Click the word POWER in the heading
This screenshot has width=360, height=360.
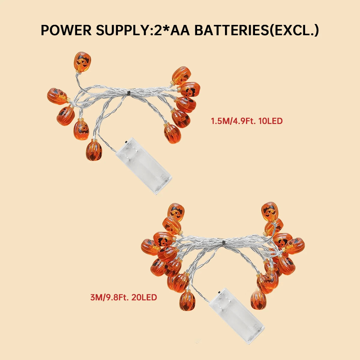pyautogui.click(x=66, y=30)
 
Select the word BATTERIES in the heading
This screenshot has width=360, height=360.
pyautogui.click(x=232, y=30)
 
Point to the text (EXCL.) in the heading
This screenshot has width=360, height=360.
pyautogui.click(x=294, y=30)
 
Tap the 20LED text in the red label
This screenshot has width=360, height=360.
pyautogui.click(x=144, y=297)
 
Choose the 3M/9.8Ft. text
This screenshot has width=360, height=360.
pyautogui.click(x=110, y=297)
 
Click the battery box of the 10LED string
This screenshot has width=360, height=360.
pyautogui.click(x=143, y=166)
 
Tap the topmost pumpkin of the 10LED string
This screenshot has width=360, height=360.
pyautogui.click(x=82, y=62)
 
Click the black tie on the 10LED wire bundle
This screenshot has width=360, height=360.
pyautogui.click(x=129, y=92)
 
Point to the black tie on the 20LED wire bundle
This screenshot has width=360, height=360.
pyautogui.click(x=223, y=243)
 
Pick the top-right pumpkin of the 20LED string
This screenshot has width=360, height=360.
pyautogui.click(x=270, y=211)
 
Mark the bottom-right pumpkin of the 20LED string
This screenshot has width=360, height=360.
pyautogui.click(x=258, y=299)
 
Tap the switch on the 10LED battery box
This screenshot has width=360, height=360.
pyautogui.click(x=127, y=142)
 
